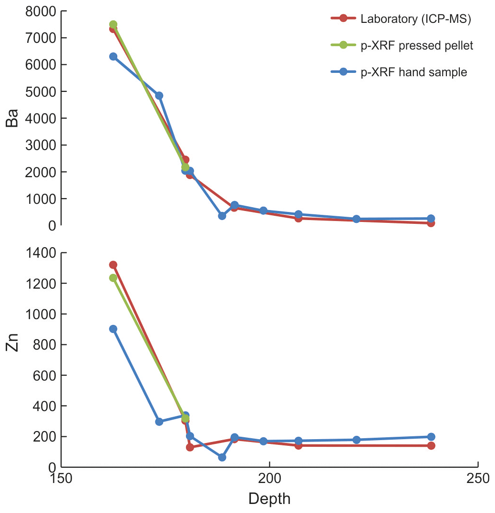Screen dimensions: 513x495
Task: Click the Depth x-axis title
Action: pos(269,499)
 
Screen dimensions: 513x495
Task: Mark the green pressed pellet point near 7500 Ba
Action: pos(113,24)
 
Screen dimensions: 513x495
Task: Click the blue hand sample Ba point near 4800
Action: pos(159,96)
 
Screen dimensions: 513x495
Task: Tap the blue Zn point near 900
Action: pos(113,329)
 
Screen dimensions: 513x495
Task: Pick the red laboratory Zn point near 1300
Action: pos(113,265)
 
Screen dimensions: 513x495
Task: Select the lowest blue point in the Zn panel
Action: pos(222,457)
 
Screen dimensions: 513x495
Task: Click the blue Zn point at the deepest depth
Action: pos(431,437)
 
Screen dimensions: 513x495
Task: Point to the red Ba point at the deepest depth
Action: pos(431,223)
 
